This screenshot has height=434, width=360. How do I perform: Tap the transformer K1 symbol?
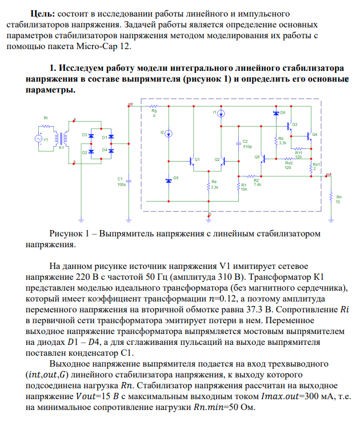click(x=61, y=139)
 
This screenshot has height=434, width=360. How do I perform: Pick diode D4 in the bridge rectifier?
click(x=111, y=150)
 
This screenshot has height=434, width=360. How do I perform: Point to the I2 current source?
click(x=169, y=133)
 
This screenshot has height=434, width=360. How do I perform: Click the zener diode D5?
click(x=169, y=180)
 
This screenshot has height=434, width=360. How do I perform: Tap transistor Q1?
click(x=193, y=161)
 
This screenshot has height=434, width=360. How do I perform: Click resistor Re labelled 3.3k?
click(x=210, y=187)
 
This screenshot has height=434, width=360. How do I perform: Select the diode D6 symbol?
click(x=276, y=113)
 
